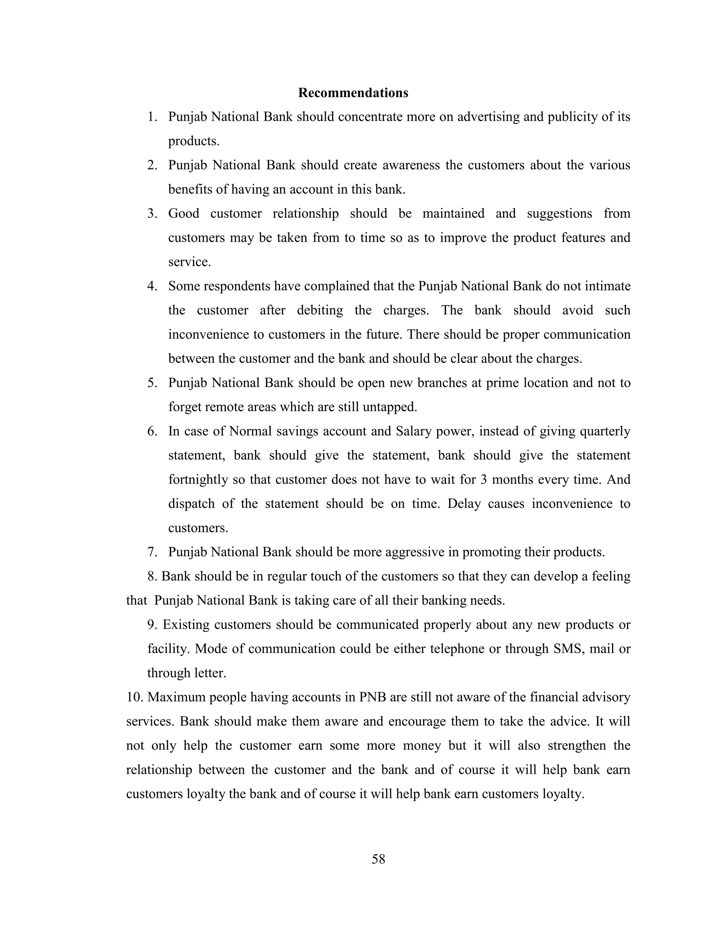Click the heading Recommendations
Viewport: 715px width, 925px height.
pos(353,93)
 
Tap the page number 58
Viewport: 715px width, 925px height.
pos(378,859)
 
